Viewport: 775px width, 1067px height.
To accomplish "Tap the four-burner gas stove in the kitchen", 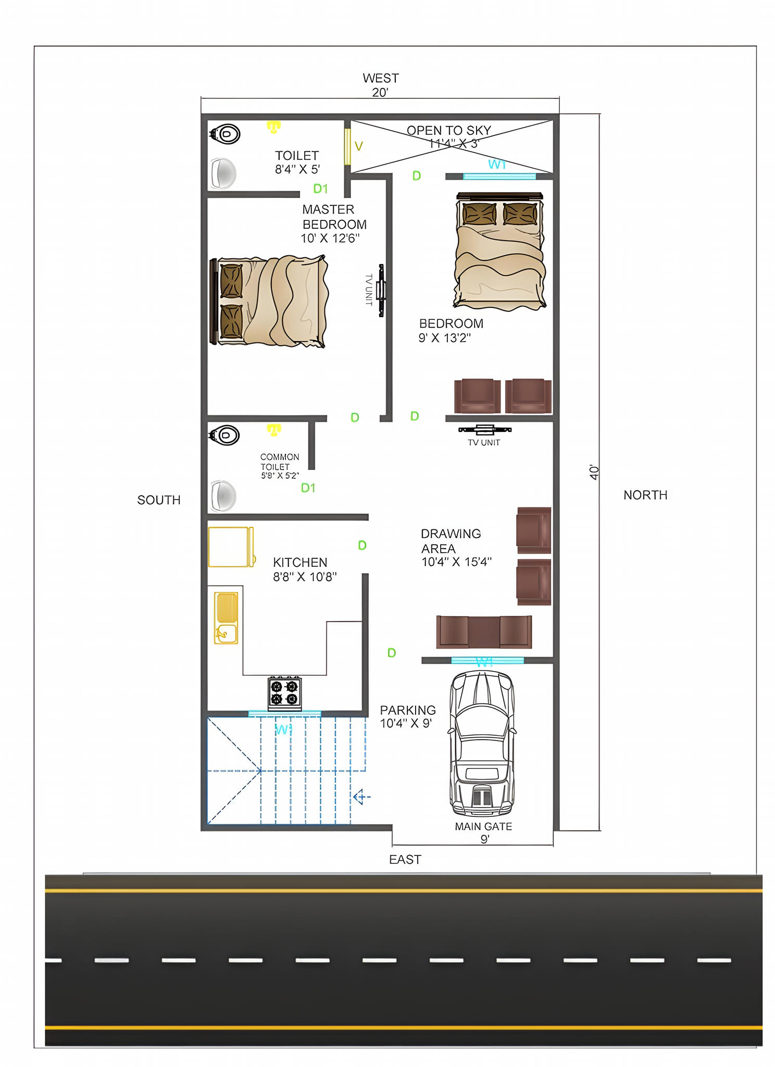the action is (x=284, y=693).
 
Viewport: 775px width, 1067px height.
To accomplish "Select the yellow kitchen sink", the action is (x=226, y=618).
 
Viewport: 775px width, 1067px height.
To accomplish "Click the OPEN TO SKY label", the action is (x=449, y=130).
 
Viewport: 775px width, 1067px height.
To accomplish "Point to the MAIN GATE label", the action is (x=483, y=826).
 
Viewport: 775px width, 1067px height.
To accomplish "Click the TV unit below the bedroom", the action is (x=484, y=430).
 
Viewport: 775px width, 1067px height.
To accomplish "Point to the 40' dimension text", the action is (x=594, y=472).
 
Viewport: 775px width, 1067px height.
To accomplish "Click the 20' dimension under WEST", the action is (x=380, y=92).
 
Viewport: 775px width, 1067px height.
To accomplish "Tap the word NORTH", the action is (x=645, y=495).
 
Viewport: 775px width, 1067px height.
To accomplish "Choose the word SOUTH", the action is (x=159, y=500).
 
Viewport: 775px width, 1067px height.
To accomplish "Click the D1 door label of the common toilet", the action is (x=308, y=488).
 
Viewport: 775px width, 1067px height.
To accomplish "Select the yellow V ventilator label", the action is (x=358, y=146).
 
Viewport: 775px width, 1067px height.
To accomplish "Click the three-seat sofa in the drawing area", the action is (x=484, y=631).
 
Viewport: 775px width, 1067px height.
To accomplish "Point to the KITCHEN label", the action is (x=300, y=563).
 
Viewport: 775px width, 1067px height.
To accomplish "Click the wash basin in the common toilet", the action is (x=223, y=495).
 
